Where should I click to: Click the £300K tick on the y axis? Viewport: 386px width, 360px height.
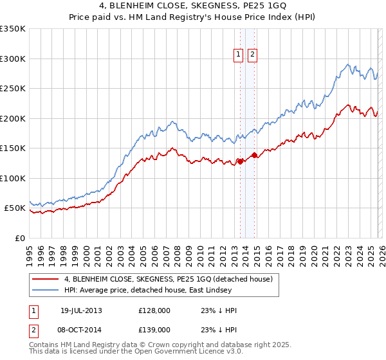(x=13, y=59)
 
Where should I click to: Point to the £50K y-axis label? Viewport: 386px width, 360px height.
(x=15, y=208)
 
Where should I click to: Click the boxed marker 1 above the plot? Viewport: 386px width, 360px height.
(x=239, y=55)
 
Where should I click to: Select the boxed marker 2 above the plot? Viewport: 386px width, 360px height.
(x=252, y=55)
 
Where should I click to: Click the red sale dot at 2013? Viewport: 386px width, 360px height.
(x=240, y=161)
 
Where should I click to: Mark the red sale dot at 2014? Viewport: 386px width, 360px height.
(x=254, y=155)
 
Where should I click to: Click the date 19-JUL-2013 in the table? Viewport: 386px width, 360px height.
(x=82, y=310)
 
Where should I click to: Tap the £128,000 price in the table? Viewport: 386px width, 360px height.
(x=154, y=310)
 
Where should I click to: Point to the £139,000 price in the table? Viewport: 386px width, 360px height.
(x=154, y=329)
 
